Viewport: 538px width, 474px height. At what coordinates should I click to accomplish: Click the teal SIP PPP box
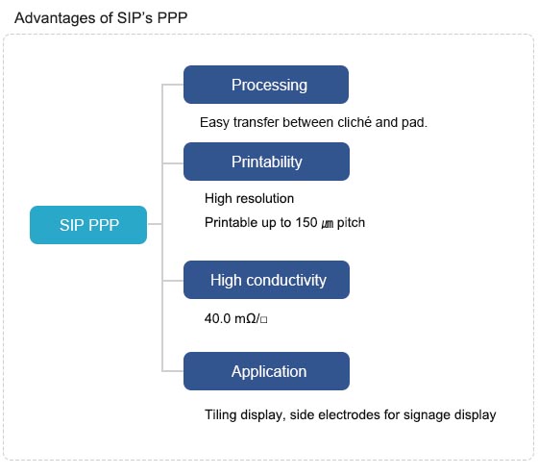tap(88, 225)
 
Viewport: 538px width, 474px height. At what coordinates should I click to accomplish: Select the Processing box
tap(266, 85)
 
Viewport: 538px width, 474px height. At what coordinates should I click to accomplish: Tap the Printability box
tap(267, 162)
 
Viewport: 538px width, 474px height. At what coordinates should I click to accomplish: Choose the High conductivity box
tap(267, 280)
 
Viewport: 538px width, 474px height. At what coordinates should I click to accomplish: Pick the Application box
tap(267, 371)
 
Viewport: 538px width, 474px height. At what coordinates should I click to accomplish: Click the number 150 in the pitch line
tap(306, 222)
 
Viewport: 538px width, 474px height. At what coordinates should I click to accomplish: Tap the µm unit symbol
tap(328, 224)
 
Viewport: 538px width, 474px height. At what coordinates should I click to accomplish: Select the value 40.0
tap(217, 319)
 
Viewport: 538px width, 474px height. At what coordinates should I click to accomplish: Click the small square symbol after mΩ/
tap(263, 320)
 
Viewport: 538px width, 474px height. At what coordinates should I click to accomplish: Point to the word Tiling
tap(221, 415)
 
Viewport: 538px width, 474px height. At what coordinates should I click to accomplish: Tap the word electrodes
tap(349, 415)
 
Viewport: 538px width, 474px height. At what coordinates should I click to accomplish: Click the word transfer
tap(256, 122)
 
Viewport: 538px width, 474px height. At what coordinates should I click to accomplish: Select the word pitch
tap(351, 223)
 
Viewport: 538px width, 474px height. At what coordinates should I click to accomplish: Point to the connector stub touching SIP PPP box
tap(155, 224)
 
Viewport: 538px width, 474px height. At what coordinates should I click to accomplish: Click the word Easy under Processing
tap(214, 123)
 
